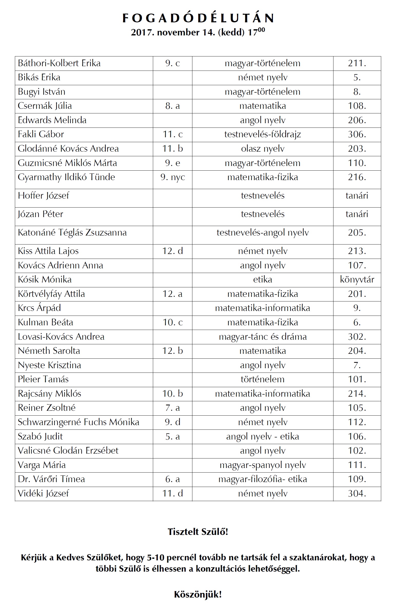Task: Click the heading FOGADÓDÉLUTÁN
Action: pos(198,18)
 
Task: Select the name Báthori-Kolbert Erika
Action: pos(59,63)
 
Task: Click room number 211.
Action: pos(357,63)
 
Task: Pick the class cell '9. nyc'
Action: pos(173,177)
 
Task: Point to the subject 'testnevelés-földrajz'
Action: pos(262,134)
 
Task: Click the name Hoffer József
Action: pos(44,196)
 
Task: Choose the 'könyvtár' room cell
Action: pos(357,279)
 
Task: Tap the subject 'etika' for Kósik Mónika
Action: pos(262,279)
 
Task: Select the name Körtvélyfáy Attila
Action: pos(51,294)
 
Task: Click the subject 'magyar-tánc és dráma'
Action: pos(262,337)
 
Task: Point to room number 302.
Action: pos(357,337)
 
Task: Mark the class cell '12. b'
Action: pos(173,351)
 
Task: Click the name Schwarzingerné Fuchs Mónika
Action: pos(78,422)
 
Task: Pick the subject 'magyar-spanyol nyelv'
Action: pos(262,465)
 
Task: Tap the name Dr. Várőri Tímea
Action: pos(51,479)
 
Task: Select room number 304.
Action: pos(357,493)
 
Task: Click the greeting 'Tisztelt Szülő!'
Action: pos(198,532)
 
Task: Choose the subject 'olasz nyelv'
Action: pos(262,149)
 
